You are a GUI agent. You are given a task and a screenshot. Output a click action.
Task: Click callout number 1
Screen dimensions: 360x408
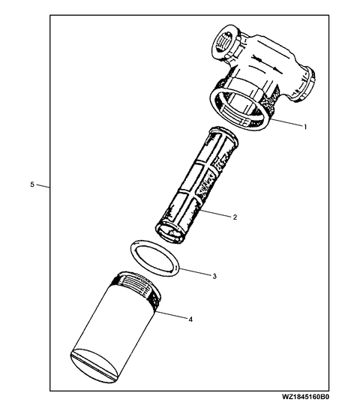305,127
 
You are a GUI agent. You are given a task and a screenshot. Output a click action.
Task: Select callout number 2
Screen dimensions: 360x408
235,217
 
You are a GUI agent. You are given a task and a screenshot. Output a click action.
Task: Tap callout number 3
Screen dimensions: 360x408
214,276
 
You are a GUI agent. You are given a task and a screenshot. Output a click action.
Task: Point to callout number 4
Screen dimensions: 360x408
190,319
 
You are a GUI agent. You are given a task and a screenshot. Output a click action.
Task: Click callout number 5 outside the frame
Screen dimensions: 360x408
32,184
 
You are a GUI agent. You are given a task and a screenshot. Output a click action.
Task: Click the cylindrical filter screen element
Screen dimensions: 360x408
197,185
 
